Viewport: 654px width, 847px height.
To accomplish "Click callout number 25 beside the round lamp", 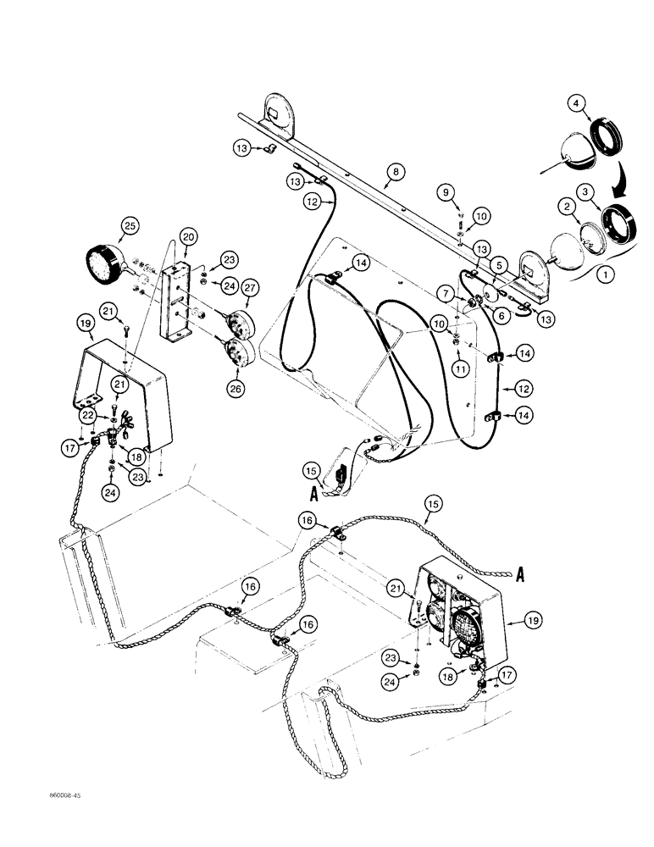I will (129, 226).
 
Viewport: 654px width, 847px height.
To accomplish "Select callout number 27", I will (252, 288).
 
